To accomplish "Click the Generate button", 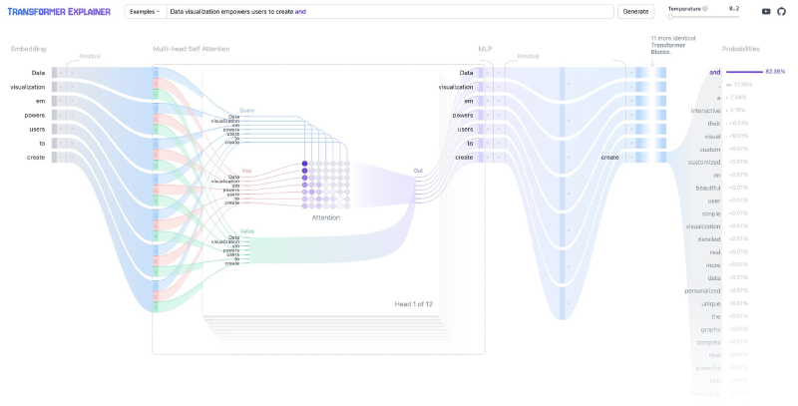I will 634,12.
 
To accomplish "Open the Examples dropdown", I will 145,12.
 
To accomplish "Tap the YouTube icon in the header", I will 766,12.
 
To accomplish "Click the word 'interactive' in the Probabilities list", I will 705,110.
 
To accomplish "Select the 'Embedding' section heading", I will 28,48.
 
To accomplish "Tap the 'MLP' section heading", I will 484,48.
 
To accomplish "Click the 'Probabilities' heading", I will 741,48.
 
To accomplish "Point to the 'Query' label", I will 246,110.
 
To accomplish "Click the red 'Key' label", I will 246,171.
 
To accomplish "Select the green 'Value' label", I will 246,230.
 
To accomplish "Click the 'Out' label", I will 418,171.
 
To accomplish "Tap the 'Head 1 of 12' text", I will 413,303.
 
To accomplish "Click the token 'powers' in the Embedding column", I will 35,115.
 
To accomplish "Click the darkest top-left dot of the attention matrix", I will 305,164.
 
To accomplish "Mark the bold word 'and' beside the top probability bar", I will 714,72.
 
